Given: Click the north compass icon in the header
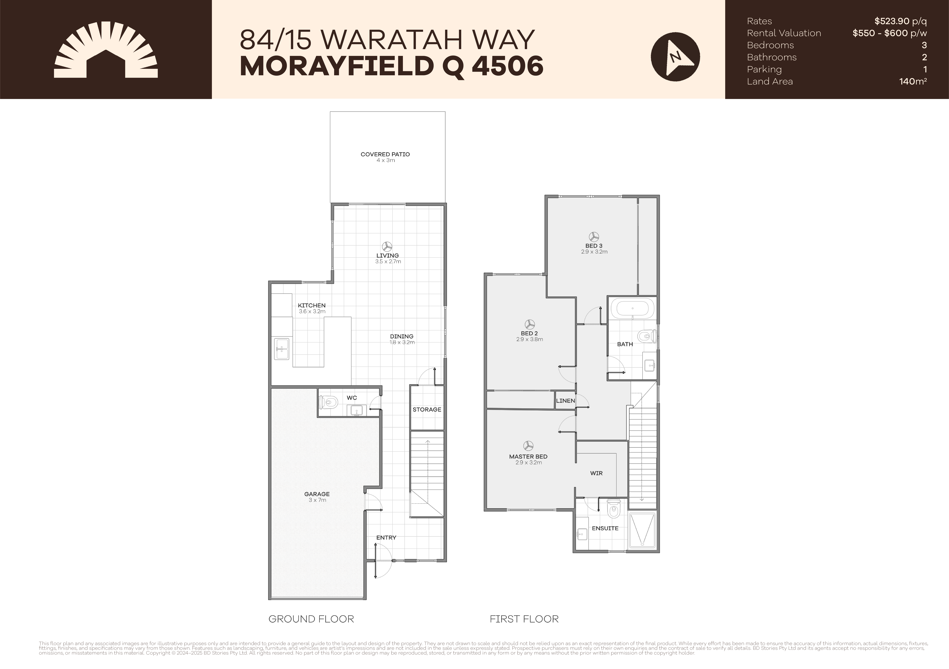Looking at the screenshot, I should coord(675,56).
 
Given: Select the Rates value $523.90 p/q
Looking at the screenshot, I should coord(900,21).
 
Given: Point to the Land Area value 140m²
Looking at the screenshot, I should coord(913,81).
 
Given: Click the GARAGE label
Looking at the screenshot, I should coord(317,494).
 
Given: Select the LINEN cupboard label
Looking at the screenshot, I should coord(565,401).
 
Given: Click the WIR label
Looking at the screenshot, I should coord(596,473).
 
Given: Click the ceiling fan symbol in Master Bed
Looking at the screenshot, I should coord(528,446).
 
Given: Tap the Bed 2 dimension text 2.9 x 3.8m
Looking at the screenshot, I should coord(529,339).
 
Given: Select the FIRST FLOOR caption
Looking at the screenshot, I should coord(524,619).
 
